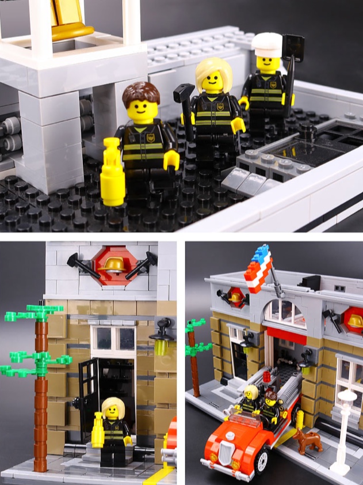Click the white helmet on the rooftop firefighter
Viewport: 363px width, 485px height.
267,44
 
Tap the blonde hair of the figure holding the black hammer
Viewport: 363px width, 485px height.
213,71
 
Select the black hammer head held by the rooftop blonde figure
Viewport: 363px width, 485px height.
184,92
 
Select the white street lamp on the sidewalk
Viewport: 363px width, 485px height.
346,426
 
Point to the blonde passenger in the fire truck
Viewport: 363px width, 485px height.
250,397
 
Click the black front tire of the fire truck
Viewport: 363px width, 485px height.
262,461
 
